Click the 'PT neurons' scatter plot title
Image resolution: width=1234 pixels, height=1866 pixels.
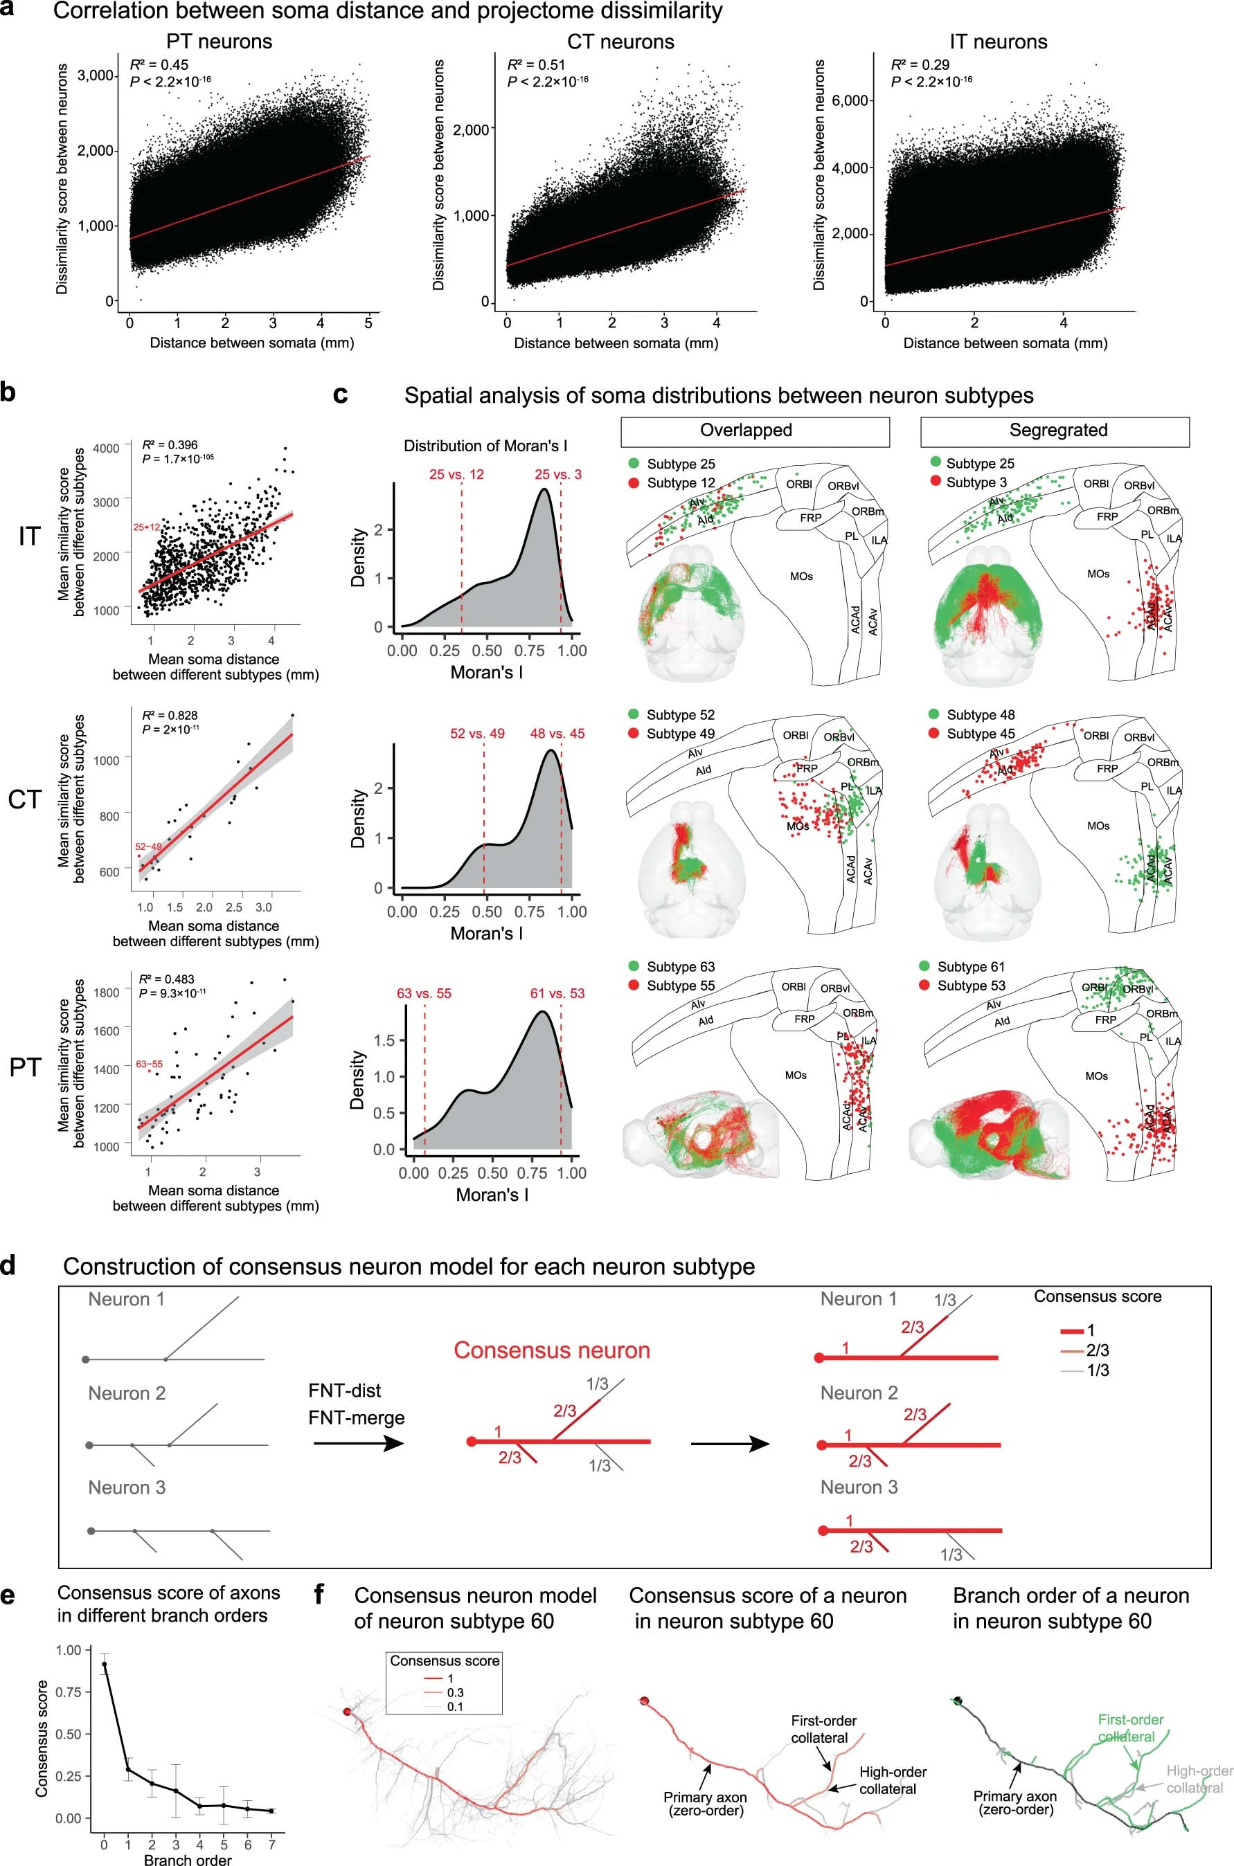tap(219, 42)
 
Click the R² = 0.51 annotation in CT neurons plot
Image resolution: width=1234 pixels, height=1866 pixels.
tap(536, 65)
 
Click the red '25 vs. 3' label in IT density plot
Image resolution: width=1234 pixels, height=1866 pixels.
tap(558, 474)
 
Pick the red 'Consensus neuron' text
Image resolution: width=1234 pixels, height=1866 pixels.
tap(552, 1351)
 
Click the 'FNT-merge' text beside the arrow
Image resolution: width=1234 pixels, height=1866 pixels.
tap(357, 1417)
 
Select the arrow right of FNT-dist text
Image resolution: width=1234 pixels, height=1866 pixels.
tap(358, 1444)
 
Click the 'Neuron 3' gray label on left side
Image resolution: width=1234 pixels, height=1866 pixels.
tap(127, 1487)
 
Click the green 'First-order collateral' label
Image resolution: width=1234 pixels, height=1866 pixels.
tap(1130, 1728)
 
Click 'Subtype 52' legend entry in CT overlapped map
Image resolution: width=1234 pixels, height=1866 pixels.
tap(680, 715)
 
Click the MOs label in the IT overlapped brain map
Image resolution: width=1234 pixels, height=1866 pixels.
tap(801, 577)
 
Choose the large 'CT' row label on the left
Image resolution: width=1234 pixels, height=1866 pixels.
tap(24, 800)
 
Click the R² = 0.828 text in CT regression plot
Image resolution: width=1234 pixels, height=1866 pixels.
tap(169, 715)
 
